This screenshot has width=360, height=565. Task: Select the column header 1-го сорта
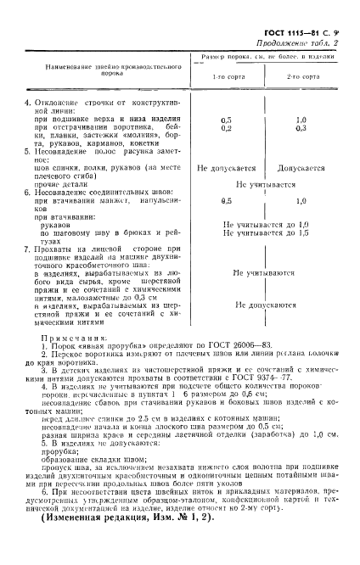point(225,77)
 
